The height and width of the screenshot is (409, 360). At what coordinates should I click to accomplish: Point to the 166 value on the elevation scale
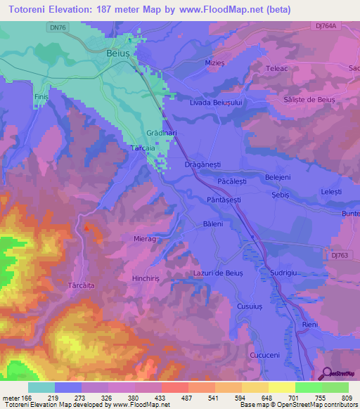tap(25, 398)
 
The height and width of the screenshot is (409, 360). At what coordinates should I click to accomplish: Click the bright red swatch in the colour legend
tap(175, 387)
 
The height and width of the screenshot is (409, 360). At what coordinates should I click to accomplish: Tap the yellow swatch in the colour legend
tap(282, 387)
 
